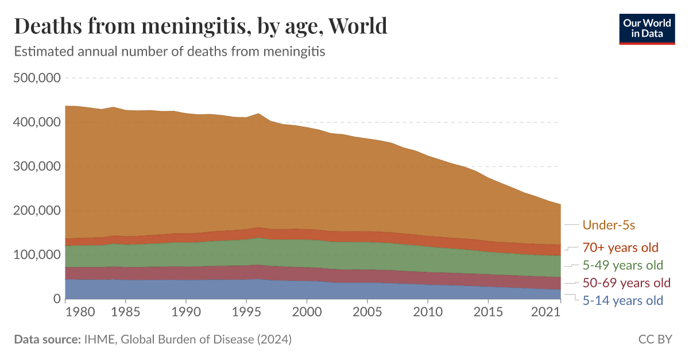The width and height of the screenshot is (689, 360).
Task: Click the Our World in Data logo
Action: point(647,28)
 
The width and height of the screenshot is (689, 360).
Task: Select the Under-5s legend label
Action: point(609,225)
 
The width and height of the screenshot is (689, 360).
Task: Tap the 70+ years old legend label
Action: point(620,248)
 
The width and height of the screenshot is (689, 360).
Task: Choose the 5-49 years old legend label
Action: point(623,265)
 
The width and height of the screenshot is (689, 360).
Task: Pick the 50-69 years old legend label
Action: point(626,283)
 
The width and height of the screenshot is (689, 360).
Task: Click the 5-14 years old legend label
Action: point(622,300)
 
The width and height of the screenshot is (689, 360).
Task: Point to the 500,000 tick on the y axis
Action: point(37,78)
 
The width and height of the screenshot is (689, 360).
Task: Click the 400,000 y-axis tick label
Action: point(37,122)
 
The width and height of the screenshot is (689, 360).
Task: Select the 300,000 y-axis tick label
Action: point(37,167)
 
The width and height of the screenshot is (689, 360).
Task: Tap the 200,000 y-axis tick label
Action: point(37,211)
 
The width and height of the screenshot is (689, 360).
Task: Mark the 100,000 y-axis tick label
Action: point(37,254)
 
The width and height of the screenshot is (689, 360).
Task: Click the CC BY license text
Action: point(655,339)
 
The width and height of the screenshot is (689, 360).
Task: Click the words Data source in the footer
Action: point(47,339)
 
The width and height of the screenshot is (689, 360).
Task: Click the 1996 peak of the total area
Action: point(258,114)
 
